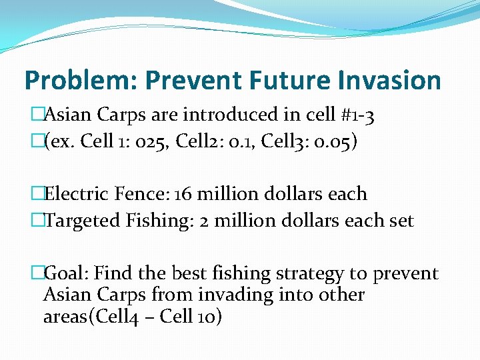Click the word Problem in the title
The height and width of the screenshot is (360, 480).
coord(75,81)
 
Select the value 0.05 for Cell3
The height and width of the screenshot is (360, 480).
coord(329,143)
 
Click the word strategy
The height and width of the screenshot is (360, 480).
coord(297,274)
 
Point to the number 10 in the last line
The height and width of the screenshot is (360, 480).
coord(213,317)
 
